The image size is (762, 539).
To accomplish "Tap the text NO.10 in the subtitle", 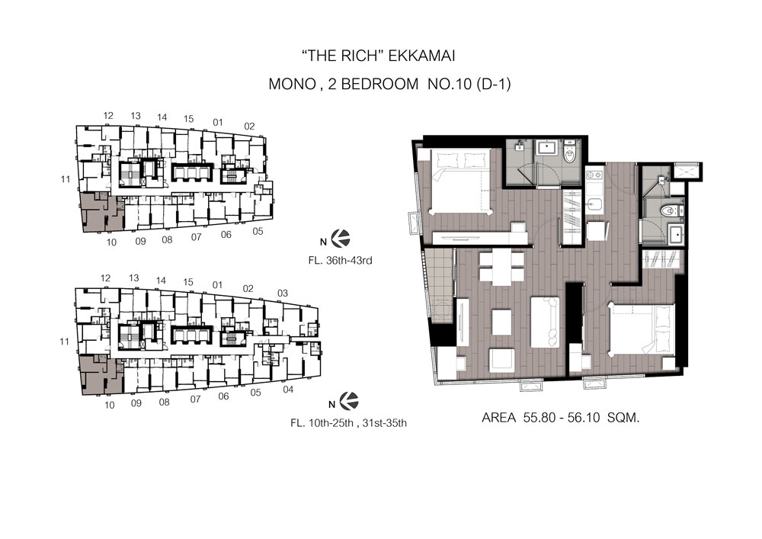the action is click(x=449, y=84).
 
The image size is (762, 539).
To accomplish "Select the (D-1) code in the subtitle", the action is click(x=493, y=84).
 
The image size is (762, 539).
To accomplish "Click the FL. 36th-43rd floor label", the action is click(x=340, y=261).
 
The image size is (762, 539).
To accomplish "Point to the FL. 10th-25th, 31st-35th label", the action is click(x=348, y=423).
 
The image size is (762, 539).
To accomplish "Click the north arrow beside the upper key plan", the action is click(x=341, y=239).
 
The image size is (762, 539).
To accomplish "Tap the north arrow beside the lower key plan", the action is click(x=349, y=401).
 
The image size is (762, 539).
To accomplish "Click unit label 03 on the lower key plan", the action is click(x=283, y=293).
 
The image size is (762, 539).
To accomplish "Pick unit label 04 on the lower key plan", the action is click(x=288, y=390).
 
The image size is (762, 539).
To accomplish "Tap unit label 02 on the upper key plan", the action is click(x=249, y=127).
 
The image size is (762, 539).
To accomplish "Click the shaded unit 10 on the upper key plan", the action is click(x=101, y=212).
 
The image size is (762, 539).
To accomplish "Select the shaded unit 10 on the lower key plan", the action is click(x=100, y=374).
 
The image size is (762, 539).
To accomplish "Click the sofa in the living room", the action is click(x=545, y=322).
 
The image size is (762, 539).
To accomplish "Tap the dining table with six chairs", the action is click(x=502, y=268).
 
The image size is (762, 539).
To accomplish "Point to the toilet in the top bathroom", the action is click(x=569, y=152).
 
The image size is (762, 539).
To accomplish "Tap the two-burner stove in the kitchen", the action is click(x=594, y=174).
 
